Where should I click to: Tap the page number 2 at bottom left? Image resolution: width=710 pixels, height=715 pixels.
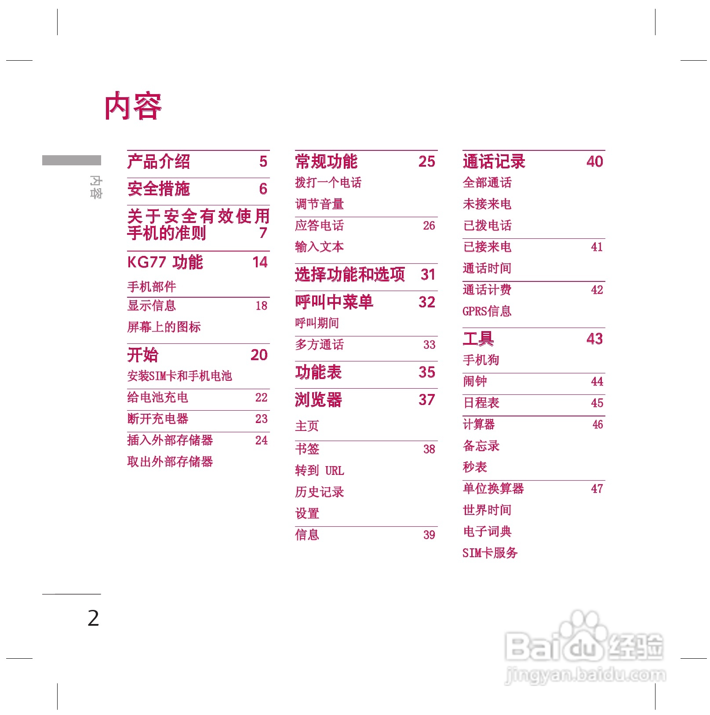tap(93, 618)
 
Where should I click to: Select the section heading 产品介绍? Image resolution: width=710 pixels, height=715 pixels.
tap(158, 161)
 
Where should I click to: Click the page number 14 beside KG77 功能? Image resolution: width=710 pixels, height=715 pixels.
tap(260, 262)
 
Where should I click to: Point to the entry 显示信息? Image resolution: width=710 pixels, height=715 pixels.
tap(151, 305)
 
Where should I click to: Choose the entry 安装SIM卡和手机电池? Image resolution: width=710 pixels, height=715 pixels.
tap(179, 376)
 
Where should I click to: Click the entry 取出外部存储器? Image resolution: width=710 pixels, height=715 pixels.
tap(170, 461)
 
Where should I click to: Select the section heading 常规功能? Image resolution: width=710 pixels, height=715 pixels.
tap(326, 161)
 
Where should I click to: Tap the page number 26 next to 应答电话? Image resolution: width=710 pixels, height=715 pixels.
tap(429, 226)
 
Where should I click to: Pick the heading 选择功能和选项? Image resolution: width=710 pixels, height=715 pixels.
tap(350, 274)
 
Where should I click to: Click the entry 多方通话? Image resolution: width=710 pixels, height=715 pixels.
tap(319, 344)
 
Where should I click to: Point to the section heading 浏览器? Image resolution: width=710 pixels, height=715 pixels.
tap(318, 400)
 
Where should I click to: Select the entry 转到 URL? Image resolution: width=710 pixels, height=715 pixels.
tap(319, 471)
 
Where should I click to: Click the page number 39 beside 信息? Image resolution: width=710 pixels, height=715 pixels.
tap(429, 535)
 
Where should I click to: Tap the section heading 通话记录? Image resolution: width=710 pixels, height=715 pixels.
tap(494, 161)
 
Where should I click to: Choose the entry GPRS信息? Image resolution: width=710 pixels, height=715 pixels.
tap(487, 311)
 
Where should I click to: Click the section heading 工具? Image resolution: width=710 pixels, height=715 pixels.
tap(478, 339)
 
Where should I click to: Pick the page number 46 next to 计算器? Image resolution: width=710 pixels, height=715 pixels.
tap(597, 424)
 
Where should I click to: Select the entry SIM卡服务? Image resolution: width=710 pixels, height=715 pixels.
tap(490, 553)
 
